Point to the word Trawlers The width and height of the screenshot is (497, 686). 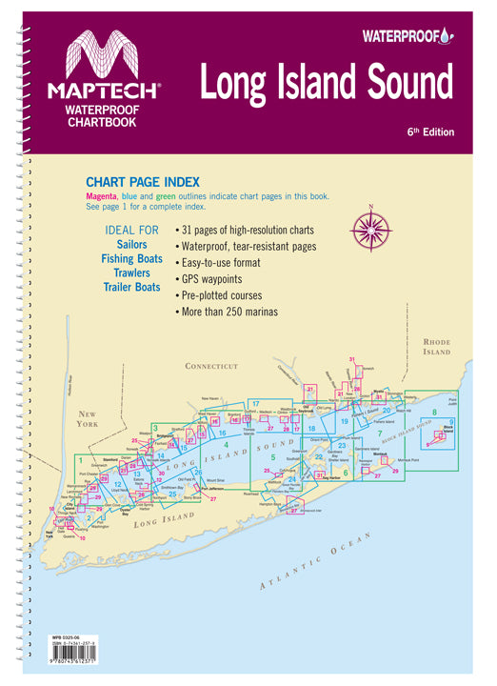(131, 272)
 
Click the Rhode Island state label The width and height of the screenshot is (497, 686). (437, 346)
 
